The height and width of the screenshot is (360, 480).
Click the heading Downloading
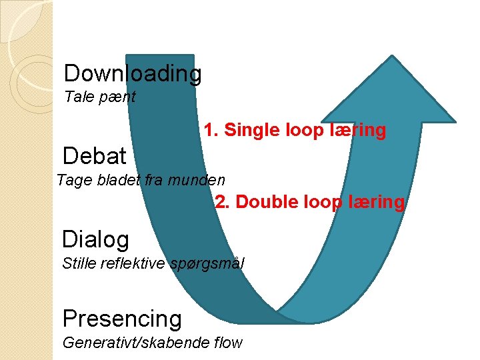133,73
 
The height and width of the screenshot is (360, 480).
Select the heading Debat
94,156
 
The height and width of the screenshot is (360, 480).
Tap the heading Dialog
95,239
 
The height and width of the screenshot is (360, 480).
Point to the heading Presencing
121,319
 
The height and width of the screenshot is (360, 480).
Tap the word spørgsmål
208,263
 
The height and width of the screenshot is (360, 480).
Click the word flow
227,343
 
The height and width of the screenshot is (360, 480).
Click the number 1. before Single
211,131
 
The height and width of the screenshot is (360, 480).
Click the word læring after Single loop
358,131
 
